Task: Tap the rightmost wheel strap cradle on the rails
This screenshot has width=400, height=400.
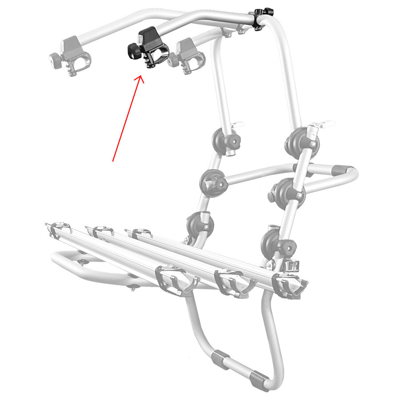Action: pos(291,287)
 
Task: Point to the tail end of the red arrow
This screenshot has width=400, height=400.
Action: pos(113,161)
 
